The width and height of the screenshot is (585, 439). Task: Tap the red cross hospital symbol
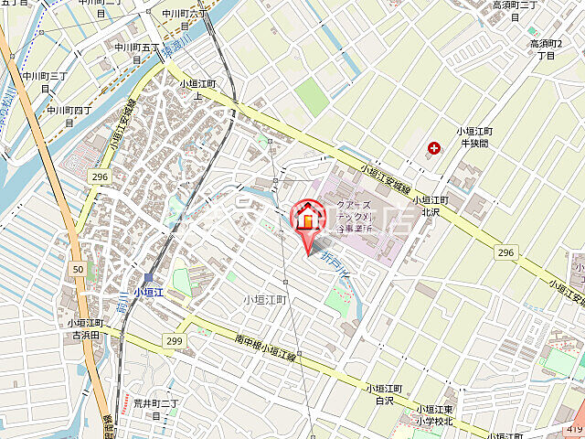432,147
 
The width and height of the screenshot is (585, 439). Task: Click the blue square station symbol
148,278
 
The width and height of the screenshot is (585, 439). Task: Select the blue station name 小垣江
148,293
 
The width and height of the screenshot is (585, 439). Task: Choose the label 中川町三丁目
45,81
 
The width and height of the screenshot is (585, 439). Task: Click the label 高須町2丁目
547,49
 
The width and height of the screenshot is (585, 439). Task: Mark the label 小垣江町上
197,89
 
